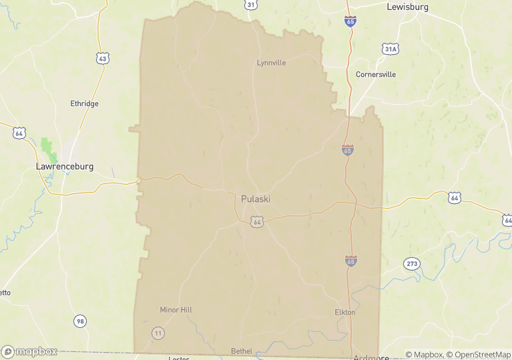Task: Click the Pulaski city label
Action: (256, 199)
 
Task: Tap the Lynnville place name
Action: (271, 63)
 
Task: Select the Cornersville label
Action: (375, 74)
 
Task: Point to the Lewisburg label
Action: (407, 7)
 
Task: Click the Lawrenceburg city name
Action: (64, 166)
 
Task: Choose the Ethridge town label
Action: (84, 104)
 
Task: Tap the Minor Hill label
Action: (176, 310)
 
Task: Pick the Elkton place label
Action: (345, 312)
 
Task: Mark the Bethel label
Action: (242, 351)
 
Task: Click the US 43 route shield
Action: (102, 59)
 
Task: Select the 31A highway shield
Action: (391, 49)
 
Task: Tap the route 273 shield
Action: (411, 264)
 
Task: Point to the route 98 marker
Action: (80, 321)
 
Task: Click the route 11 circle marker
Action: (158, 333)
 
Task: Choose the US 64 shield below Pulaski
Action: (256, 221)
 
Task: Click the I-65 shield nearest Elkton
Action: (351, 260)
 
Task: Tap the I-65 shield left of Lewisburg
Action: (350, 22)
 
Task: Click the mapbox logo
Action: (29, 351)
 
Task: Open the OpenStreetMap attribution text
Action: (479, 355)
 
